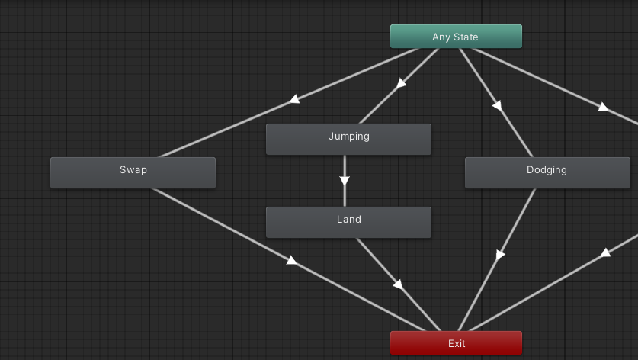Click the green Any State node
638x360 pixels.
tap(456, 37)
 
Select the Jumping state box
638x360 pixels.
tap(348, 139)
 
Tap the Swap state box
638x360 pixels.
tap(133, 172)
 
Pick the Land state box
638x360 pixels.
tap(348, 222)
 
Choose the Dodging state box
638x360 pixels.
tap(547, 172)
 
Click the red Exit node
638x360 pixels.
tap(456, 343)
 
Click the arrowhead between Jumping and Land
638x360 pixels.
tap(345, 181)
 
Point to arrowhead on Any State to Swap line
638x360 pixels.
tap(294, 99)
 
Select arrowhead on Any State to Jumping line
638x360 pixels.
tap(401, 82)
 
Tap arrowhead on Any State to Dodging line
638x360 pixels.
tap(497, 105)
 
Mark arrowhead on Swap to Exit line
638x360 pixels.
tap(291, 260)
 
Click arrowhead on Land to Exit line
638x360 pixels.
tap(397, 284)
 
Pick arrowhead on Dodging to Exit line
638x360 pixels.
tap(500, 255)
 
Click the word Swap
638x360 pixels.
tap(133, 169)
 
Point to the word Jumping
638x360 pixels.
tap(348, 137)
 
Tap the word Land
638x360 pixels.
tap(348, 219)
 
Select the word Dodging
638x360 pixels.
tap(547, 169)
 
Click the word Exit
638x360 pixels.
tap(457, 343)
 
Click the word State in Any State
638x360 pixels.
tap(466, 37)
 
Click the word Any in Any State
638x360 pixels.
tap(441, 37)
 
